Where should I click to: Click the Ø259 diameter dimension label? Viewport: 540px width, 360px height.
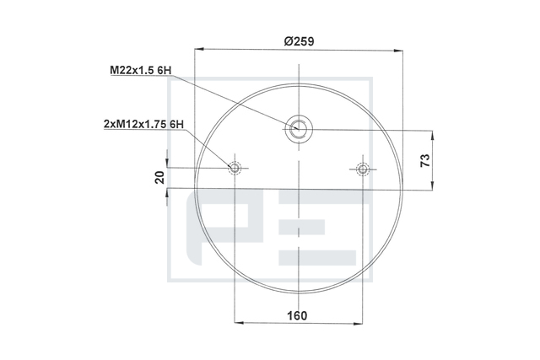(x=299, y=41)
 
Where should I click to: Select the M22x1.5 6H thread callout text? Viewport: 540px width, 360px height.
(x=141, y=70)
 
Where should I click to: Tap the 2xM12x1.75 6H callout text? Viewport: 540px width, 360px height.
(x=143, y=124)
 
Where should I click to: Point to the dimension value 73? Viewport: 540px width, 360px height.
(x=425, y=160)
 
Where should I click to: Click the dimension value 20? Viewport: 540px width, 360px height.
(x=159, y=178)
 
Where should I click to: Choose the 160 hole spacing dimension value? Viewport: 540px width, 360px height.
(x=297, y=315)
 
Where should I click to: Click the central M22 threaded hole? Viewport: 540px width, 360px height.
(x=299, y=128)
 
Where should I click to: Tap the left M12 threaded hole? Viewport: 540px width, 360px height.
(x=235, y=169)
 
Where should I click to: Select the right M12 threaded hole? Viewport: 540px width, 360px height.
(x=362, y=169)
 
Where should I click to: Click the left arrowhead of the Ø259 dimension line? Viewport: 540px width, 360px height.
(x=199, y=49)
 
